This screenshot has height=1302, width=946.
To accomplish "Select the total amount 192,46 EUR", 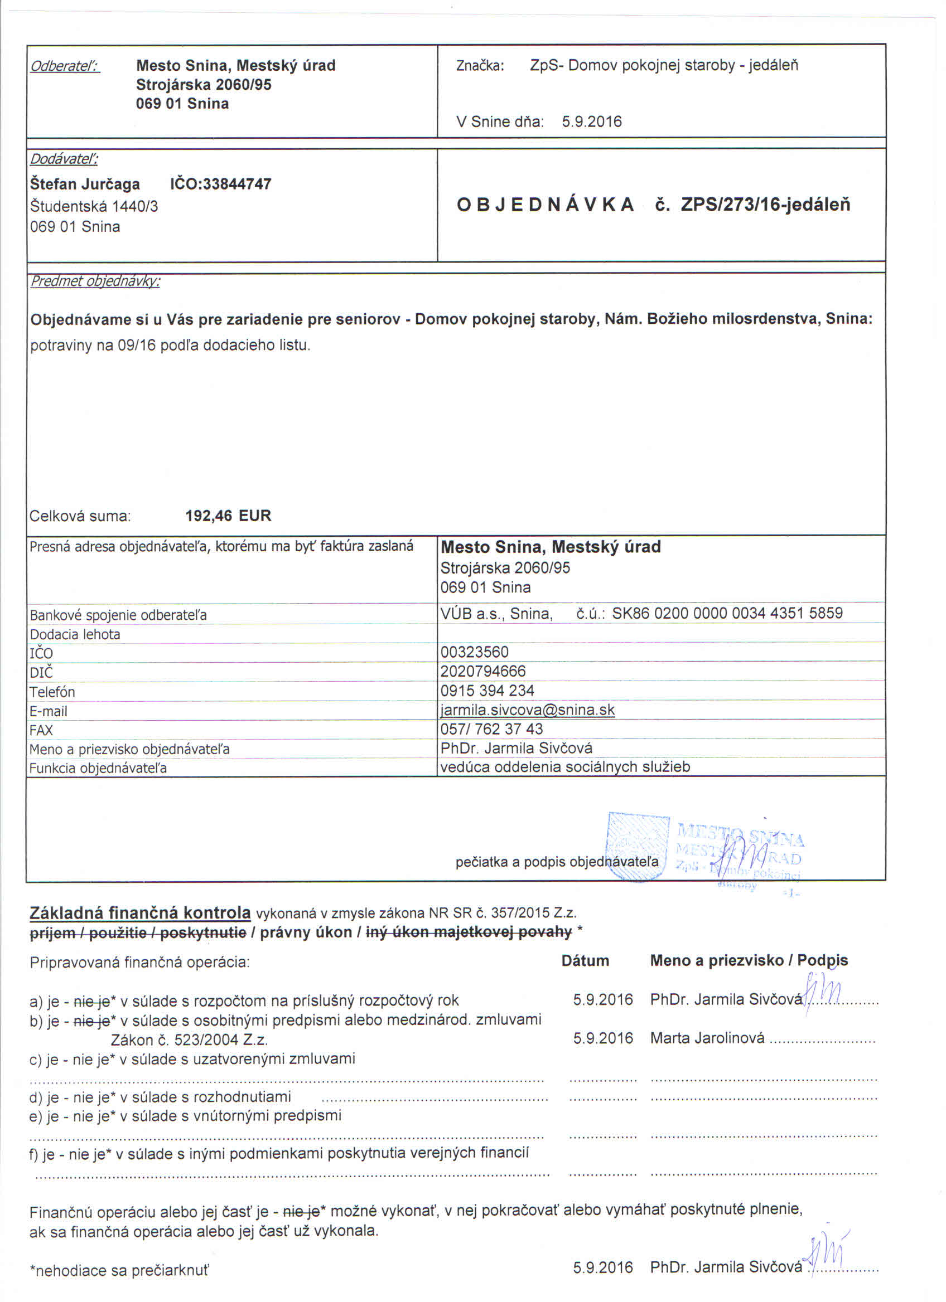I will click(228, 516).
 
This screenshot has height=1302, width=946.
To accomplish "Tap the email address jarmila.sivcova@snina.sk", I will click(527, 710).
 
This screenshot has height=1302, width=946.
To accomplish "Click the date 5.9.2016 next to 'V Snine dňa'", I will click(592, 122).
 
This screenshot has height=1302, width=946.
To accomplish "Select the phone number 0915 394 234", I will click(487, 691).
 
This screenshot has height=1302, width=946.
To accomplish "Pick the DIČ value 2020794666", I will click(483, 671).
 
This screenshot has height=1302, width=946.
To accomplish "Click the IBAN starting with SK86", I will click(727, 613).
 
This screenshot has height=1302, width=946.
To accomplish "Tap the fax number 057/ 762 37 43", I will click(491, 729).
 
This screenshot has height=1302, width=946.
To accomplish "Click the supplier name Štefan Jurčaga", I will click(85, 184).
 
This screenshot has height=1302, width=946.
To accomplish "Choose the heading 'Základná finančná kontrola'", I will click(140, 913).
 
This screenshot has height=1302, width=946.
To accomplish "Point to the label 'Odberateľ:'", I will click(65, 66).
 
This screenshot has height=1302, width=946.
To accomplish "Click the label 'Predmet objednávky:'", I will click(95, 281).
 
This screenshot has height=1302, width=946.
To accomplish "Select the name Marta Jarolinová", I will click(707, 1038).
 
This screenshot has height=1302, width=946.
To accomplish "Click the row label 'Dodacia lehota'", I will click(75, 634).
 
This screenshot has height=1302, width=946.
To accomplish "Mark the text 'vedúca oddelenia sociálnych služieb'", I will click(565, 767).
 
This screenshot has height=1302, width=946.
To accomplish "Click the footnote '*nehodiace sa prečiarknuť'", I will click(119, 1270).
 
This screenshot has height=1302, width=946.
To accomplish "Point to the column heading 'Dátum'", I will click(585, 961).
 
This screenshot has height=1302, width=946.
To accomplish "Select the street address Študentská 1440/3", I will click(94, 206).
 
